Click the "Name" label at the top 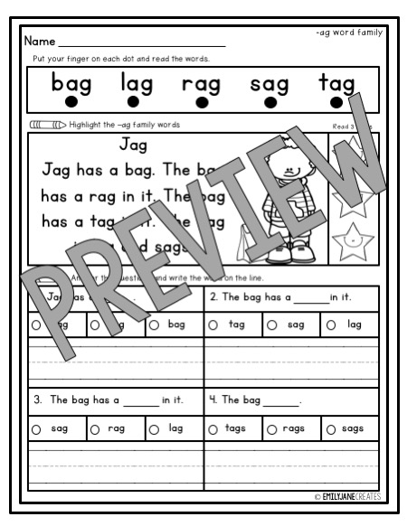[x=40, y=42]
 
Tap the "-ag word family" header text [x=349, y=33]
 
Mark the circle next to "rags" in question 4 [x=271, y=428]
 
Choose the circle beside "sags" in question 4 [x=331, y=428]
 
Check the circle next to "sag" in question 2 [x=273, y=324]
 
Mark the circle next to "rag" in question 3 [x=94, y=428]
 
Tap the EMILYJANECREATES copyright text [x=347, y=497]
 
